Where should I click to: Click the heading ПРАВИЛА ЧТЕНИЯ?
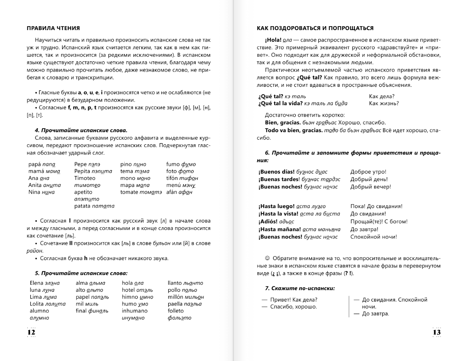click(53, 28)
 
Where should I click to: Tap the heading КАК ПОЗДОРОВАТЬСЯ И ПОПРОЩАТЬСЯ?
click(315, 28)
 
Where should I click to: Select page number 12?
click(31, 332)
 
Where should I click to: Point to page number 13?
click(436, 332)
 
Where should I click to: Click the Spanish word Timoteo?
click(84, 178)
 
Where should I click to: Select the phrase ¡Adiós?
click(268, 221)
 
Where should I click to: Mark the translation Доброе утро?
click(368, 172)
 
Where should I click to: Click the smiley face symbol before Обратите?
click(268, 259)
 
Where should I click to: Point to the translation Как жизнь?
click(384, 103)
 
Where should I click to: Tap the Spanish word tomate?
click(129, 192)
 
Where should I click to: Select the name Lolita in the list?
click(37, 304)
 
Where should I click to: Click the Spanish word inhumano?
click(135, 311)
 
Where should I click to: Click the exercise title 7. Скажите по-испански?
click(300, 288)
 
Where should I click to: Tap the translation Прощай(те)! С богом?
click(379, 221)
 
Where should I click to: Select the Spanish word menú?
click(174, 185)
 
